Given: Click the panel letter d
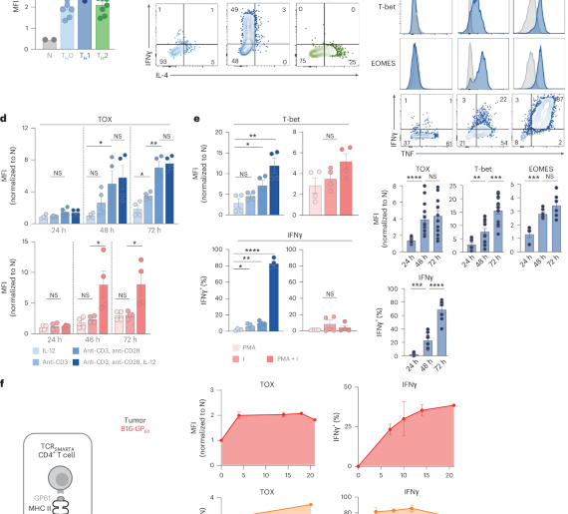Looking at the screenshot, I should [6, 118].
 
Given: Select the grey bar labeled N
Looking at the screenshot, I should [46, 44].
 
